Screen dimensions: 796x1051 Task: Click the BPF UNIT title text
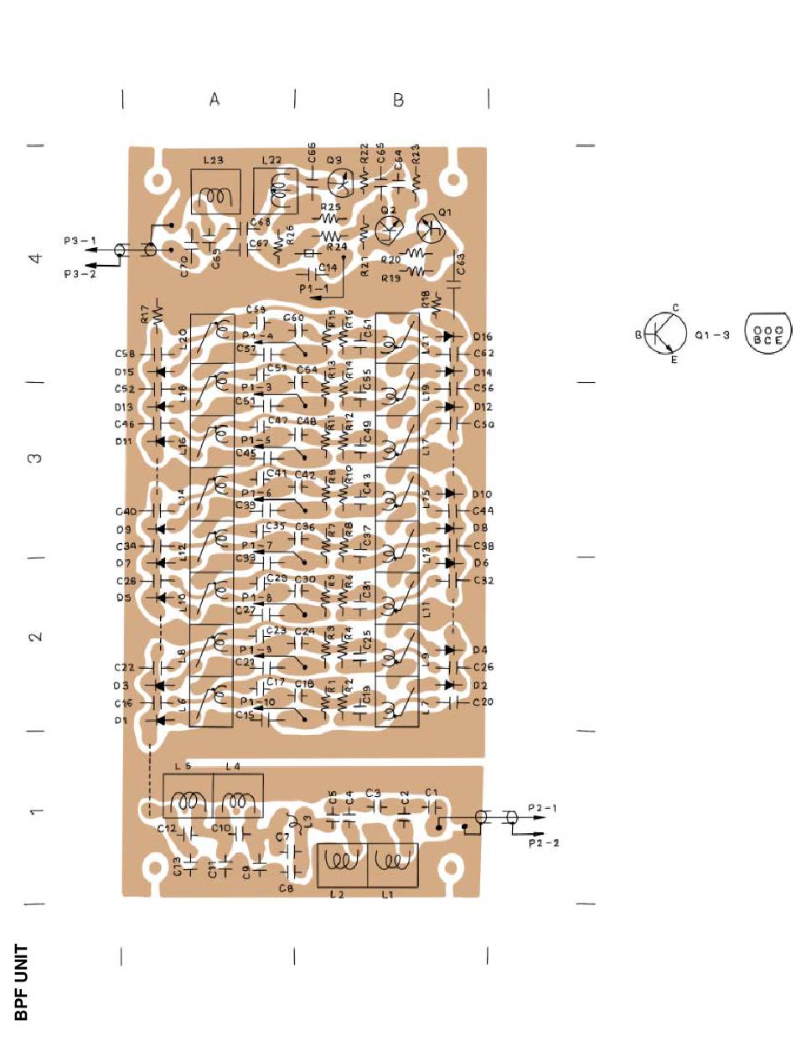[22, 982]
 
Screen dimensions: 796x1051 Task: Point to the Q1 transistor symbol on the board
[432, 229]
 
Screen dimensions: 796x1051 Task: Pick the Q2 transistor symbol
[388, 229]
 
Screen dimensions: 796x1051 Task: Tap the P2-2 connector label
[544, 843]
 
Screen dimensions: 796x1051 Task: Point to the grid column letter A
[215, 99]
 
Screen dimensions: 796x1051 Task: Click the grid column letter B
[399, 100]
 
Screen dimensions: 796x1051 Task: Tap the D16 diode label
[483, 336]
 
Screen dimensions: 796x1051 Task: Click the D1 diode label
[119, 720]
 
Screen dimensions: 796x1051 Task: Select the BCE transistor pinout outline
[768, 335]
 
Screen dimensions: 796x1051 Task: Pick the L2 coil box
[342, 865]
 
